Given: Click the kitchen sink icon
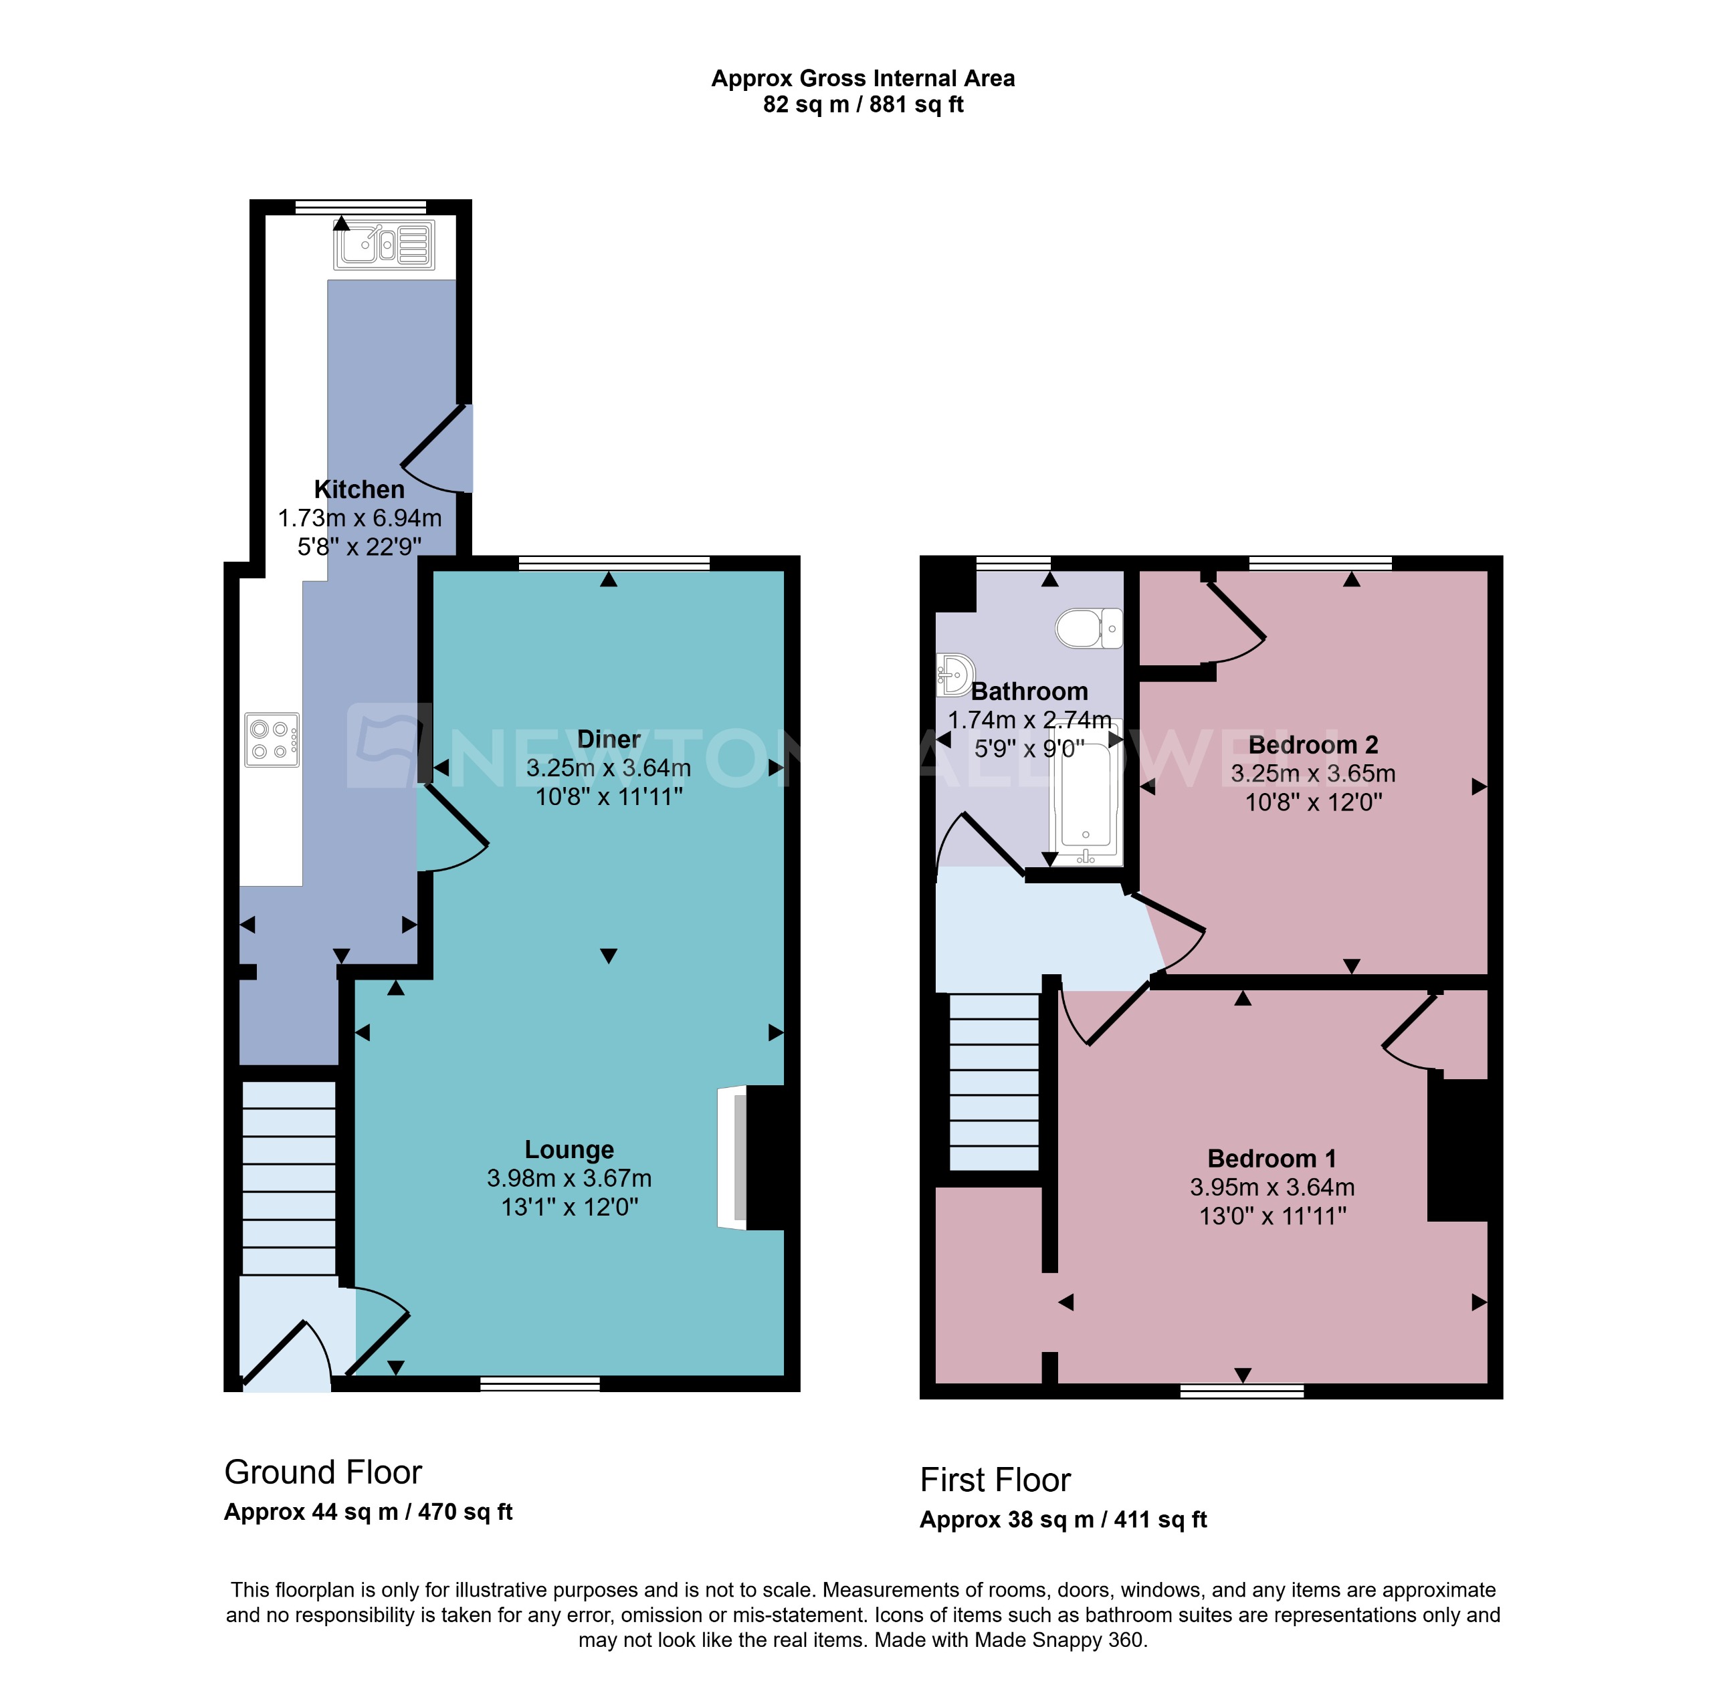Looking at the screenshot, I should coord(383,245).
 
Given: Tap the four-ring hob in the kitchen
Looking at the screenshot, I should coord(272,740).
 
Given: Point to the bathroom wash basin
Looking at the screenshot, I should coord(955,675).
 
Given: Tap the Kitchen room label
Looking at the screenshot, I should coord(359,489).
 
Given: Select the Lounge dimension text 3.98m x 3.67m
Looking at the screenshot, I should coord(569,1178).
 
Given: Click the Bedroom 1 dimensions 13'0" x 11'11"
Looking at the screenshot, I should coord(1272,1216).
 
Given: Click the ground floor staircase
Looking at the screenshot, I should coord(288,1177).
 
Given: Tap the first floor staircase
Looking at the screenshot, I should coord(993,1081).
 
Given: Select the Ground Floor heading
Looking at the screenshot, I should coord(322,1472).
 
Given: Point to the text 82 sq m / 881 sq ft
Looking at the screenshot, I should coord(862,104).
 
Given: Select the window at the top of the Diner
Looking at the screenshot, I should coord(613,563).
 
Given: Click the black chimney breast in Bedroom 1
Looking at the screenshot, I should coord(1457,1149).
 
